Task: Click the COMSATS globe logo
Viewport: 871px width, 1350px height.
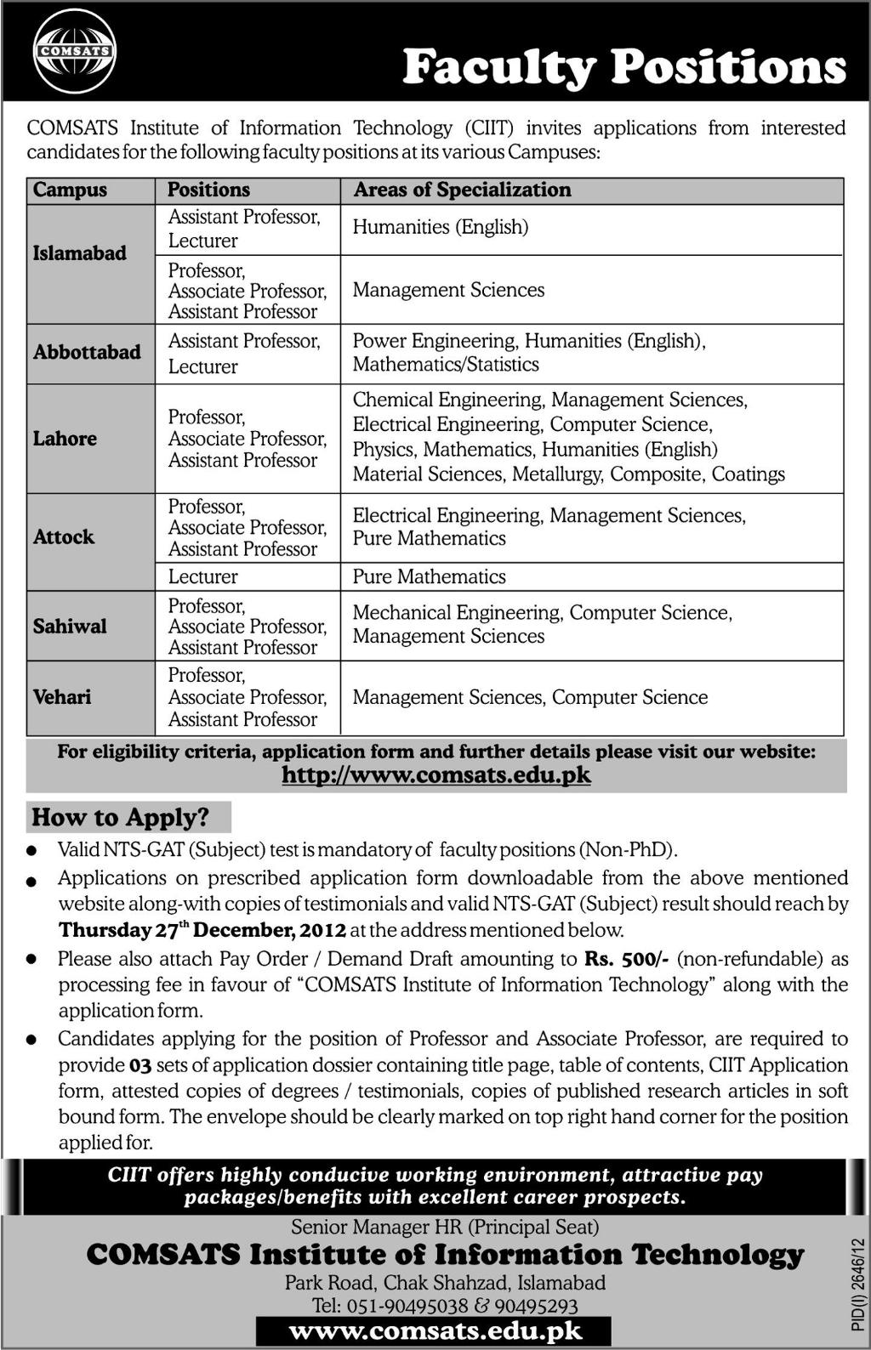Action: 74,51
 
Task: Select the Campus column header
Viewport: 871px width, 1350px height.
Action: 70,190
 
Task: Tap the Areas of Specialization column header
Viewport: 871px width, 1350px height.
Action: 462,190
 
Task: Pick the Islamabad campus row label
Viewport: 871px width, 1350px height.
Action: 80,253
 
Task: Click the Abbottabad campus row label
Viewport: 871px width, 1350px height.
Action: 87,352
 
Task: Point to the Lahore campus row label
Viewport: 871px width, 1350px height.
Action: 65,439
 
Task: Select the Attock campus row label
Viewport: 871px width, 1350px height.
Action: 64,537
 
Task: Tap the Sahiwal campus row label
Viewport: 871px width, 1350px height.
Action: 70,627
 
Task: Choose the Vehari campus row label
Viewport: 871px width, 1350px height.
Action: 62,697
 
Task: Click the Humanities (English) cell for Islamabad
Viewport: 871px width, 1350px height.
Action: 440,227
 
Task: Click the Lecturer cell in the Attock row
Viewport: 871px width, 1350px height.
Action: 202,576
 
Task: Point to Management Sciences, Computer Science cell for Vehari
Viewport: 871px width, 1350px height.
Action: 530,697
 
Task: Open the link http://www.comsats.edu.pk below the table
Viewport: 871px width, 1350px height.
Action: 435,774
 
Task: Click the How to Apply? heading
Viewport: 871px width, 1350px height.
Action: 120,818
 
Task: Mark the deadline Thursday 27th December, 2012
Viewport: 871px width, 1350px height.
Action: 202,930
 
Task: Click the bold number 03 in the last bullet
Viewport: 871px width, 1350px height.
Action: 139,1065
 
